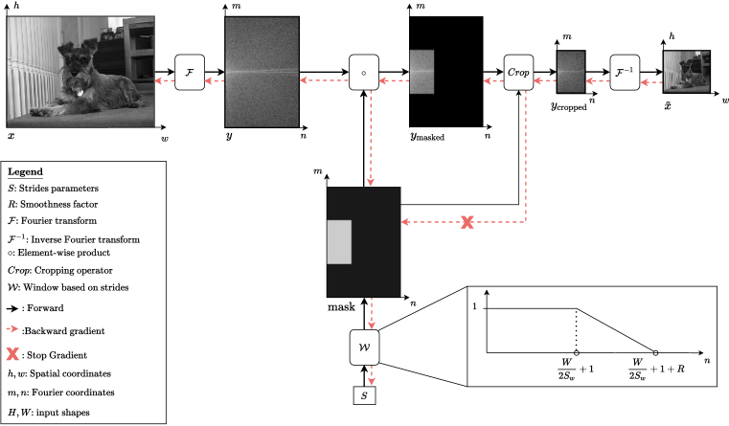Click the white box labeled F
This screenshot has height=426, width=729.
click(x=190, y=73)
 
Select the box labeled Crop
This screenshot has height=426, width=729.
click(x=518, y=73)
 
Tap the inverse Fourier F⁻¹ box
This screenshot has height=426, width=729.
click(x=625, y=73)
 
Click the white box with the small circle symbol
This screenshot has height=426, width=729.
click(x=364, y=73)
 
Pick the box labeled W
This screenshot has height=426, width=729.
click(x=364, y=348)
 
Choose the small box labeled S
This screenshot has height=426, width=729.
click(x=364, y=394)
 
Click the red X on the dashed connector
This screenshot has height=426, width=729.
click(x=467, y=222)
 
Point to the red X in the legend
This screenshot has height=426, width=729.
click(x=12, y=354)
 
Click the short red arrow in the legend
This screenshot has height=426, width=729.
click(x=12, y=328)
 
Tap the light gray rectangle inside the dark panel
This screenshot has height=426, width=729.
click(x=339, y=241)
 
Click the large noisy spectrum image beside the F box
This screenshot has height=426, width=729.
click(x=262, y=72)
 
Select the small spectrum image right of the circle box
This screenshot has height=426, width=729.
click(x=421, y=72)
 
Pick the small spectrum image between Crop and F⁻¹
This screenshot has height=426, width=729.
click(x=571, y=72)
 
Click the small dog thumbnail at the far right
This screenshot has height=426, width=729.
click(x=686, y=72)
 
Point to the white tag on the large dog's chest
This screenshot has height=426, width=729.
click(x=80, y=94)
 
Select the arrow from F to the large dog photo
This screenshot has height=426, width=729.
click(x=165, y=80)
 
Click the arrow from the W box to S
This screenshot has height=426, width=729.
click(x=371, y=375)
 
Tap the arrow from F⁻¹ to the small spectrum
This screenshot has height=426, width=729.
click(x=598, y=81)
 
